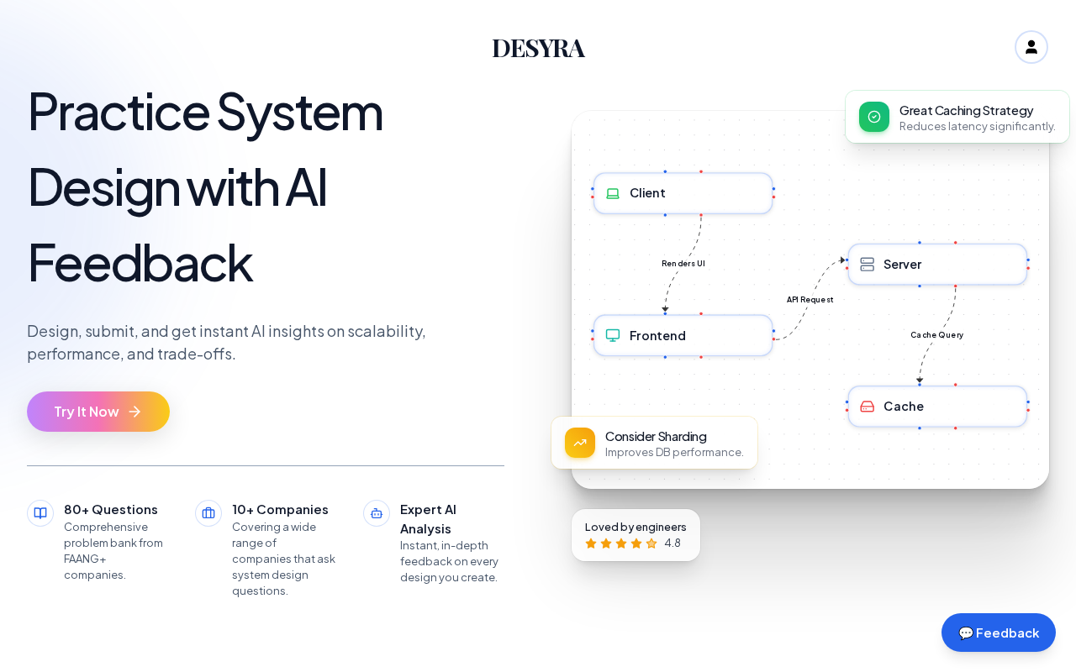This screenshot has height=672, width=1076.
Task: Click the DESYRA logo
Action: [539, 49]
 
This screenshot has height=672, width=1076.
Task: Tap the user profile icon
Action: [1031, 47]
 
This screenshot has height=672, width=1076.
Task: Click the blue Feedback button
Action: [998, 633]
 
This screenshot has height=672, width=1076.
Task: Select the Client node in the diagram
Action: [683, 193]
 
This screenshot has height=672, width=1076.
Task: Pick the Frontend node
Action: [683, 335]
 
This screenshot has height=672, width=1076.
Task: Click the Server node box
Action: [937, 265]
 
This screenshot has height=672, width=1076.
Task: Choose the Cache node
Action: [937, 407]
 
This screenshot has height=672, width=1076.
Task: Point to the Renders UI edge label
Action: [683, 264]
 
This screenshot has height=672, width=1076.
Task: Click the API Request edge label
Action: [810, 300]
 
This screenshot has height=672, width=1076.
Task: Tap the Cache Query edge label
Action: [936, 335]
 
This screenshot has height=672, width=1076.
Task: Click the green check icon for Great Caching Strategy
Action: [873, 117]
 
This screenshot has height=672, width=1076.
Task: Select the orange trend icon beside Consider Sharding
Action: [580, 443]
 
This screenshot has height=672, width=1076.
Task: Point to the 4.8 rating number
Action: [672, 543]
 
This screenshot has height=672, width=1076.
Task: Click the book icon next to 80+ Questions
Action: [40, 513]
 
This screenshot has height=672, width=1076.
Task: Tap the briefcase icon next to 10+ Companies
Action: [208, 513]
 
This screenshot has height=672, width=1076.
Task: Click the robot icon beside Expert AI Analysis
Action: [377, 513]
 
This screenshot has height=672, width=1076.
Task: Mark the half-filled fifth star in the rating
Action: [651, 543]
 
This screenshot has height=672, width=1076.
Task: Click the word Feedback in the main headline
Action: [140, 263]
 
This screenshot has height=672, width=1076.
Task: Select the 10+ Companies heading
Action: [280, 509]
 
